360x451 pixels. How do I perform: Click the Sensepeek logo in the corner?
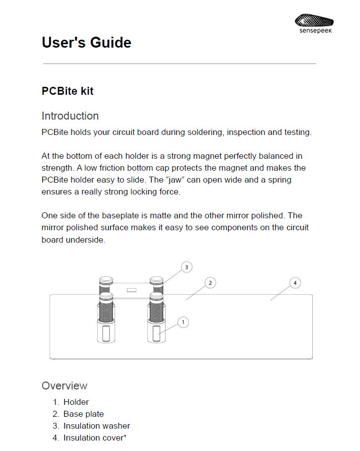click(x=314, y=23)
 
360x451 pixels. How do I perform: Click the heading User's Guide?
click(x=86, y=43)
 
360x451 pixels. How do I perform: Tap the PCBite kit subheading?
click(x=67, y=91)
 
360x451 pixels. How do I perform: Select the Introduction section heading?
click(x=70, y=116)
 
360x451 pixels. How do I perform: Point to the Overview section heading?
click(x=64, y=386)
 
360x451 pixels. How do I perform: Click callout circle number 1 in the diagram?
click(x=183, y=322)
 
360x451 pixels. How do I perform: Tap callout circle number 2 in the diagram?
click(x=210, y=283)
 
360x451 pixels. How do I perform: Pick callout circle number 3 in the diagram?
click(x=186, y=267)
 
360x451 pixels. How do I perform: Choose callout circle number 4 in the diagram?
click(x=295, y=283)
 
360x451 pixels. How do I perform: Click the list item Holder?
click(x=76, y=402)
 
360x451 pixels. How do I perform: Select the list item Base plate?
click(x=83, y=414)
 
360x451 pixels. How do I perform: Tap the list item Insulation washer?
click(x=96, y=426)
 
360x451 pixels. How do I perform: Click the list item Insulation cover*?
click(x=95, y=438)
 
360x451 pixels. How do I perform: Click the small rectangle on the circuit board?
click(x=131, y=289)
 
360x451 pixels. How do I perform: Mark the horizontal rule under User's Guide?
click(x=180, y=64)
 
